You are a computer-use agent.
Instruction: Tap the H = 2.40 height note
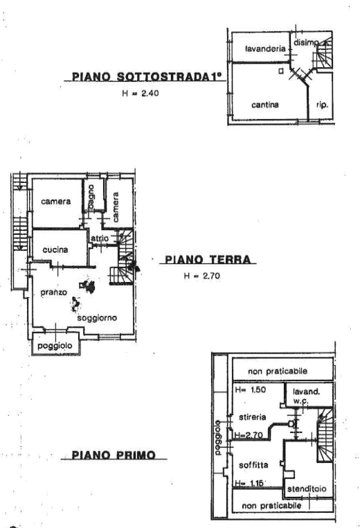tap(140, 94)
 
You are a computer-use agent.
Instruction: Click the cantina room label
tap(265, 105)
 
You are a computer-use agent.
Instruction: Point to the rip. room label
tap(322, 106)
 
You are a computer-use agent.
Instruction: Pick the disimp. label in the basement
tap(306, 43)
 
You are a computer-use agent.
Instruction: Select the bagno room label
tap(91, 197)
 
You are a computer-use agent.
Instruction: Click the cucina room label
tap(55, 249)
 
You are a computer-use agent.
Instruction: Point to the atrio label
tap(98, 239)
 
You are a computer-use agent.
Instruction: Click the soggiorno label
tap(97, 317)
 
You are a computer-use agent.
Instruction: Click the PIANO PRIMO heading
tap(113, 455)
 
